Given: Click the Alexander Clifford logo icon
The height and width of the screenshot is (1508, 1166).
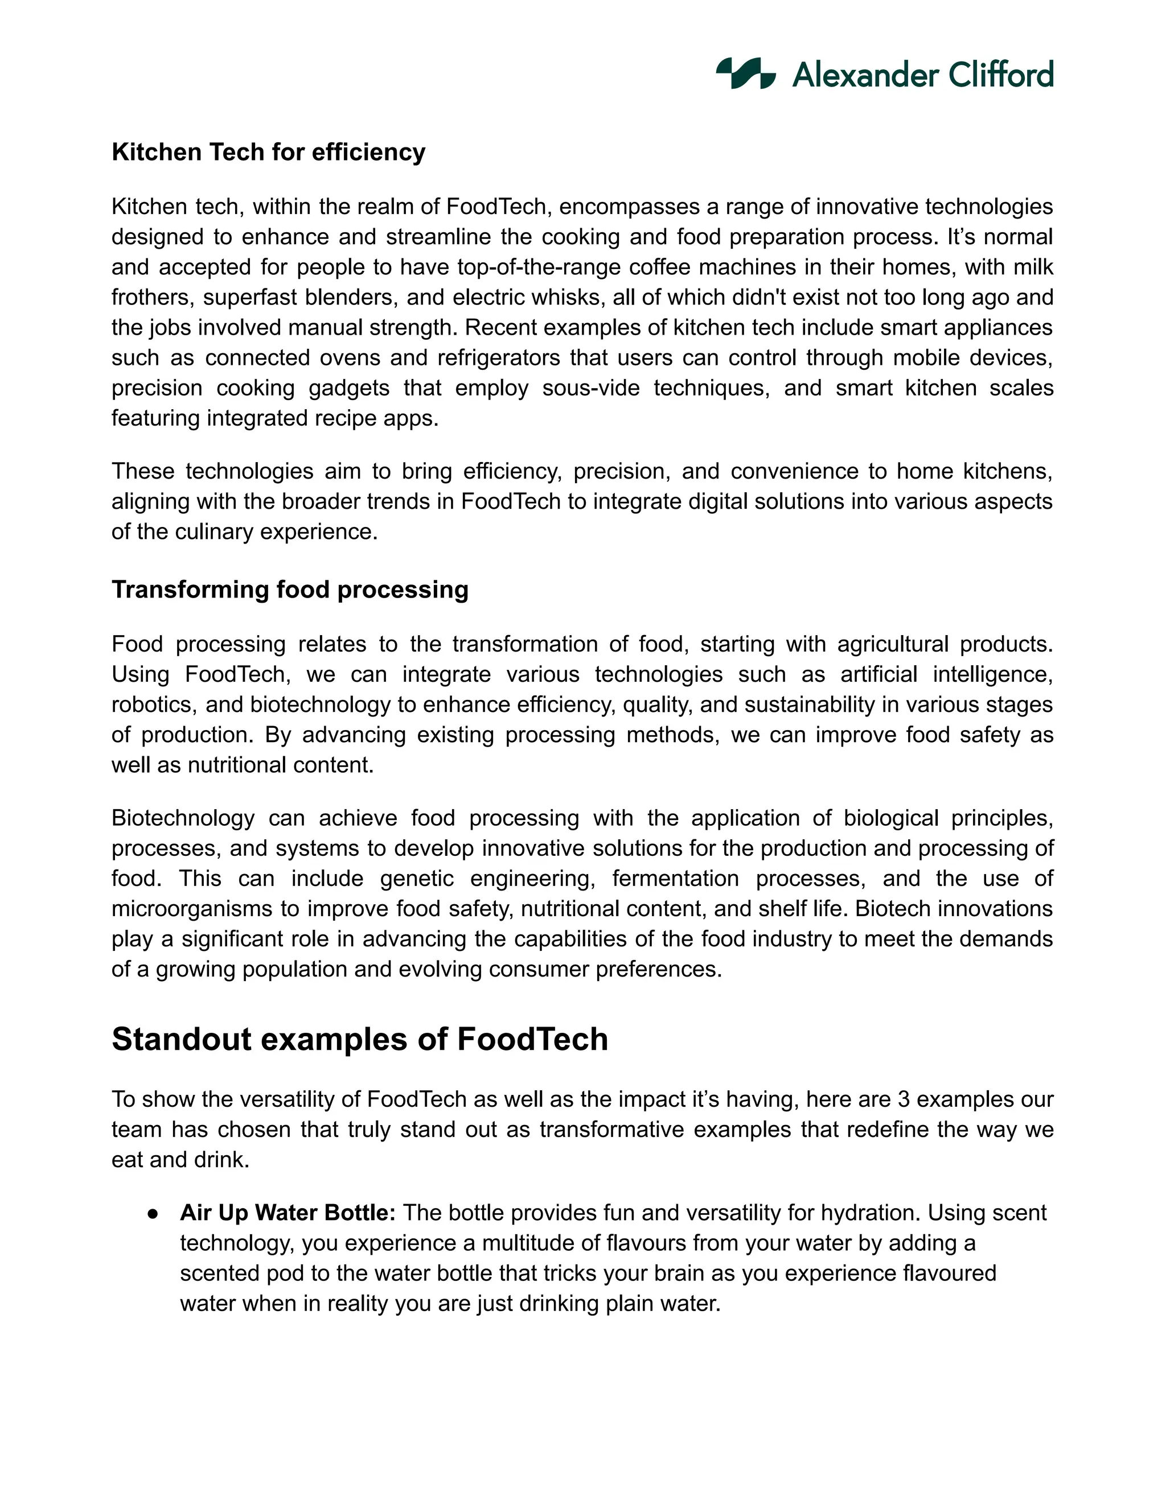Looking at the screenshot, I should pos(745,73).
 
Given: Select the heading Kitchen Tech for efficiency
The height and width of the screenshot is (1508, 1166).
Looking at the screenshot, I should pos(268,152).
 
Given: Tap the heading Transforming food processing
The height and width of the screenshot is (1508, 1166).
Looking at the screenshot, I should pos(290,590).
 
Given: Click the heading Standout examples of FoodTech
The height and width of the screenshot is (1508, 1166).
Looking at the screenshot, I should pos(359,1039).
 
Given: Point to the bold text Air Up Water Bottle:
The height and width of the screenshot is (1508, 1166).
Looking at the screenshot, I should pos(288,1213).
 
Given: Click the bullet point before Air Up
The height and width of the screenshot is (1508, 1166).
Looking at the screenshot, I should pos(153,1214).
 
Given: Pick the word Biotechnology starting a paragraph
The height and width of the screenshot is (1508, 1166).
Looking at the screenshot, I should pos(183,818).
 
